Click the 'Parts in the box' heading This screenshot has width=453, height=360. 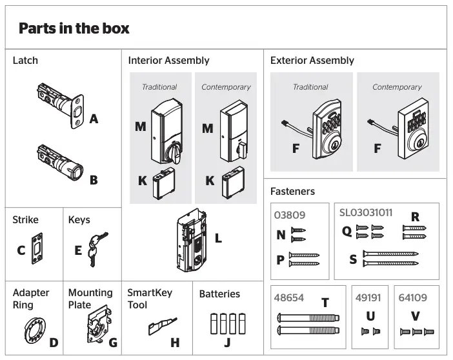74,29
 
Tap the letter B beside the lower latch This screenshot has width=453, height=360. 94,180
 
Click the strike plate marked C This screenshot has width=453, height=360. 37,250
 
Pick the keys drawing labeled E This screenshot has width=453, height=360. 97,249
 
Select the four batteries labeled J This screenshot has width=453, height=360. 227,322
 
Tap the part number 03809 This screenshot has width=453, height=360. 290,215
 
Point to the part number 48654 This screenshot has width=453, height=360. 289,299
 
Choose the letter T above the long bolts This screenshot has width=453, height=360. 325,303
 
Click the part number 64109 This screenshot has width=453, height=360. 413,299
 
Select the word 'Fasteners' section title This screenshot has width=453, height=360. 293,191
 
